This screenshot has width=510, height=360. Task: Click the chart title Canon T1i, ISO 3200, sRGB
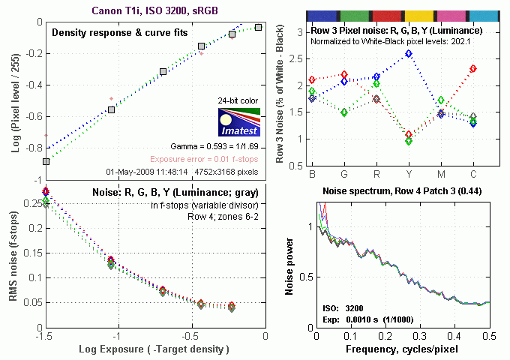coord(154,10)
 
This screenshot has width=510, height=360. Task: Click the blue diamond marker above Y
coord(409,54)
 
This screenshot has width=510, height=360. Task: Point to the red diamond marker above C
coord(473,68)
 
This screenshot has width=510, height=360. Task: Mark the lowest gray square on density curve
coord(46,161)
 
